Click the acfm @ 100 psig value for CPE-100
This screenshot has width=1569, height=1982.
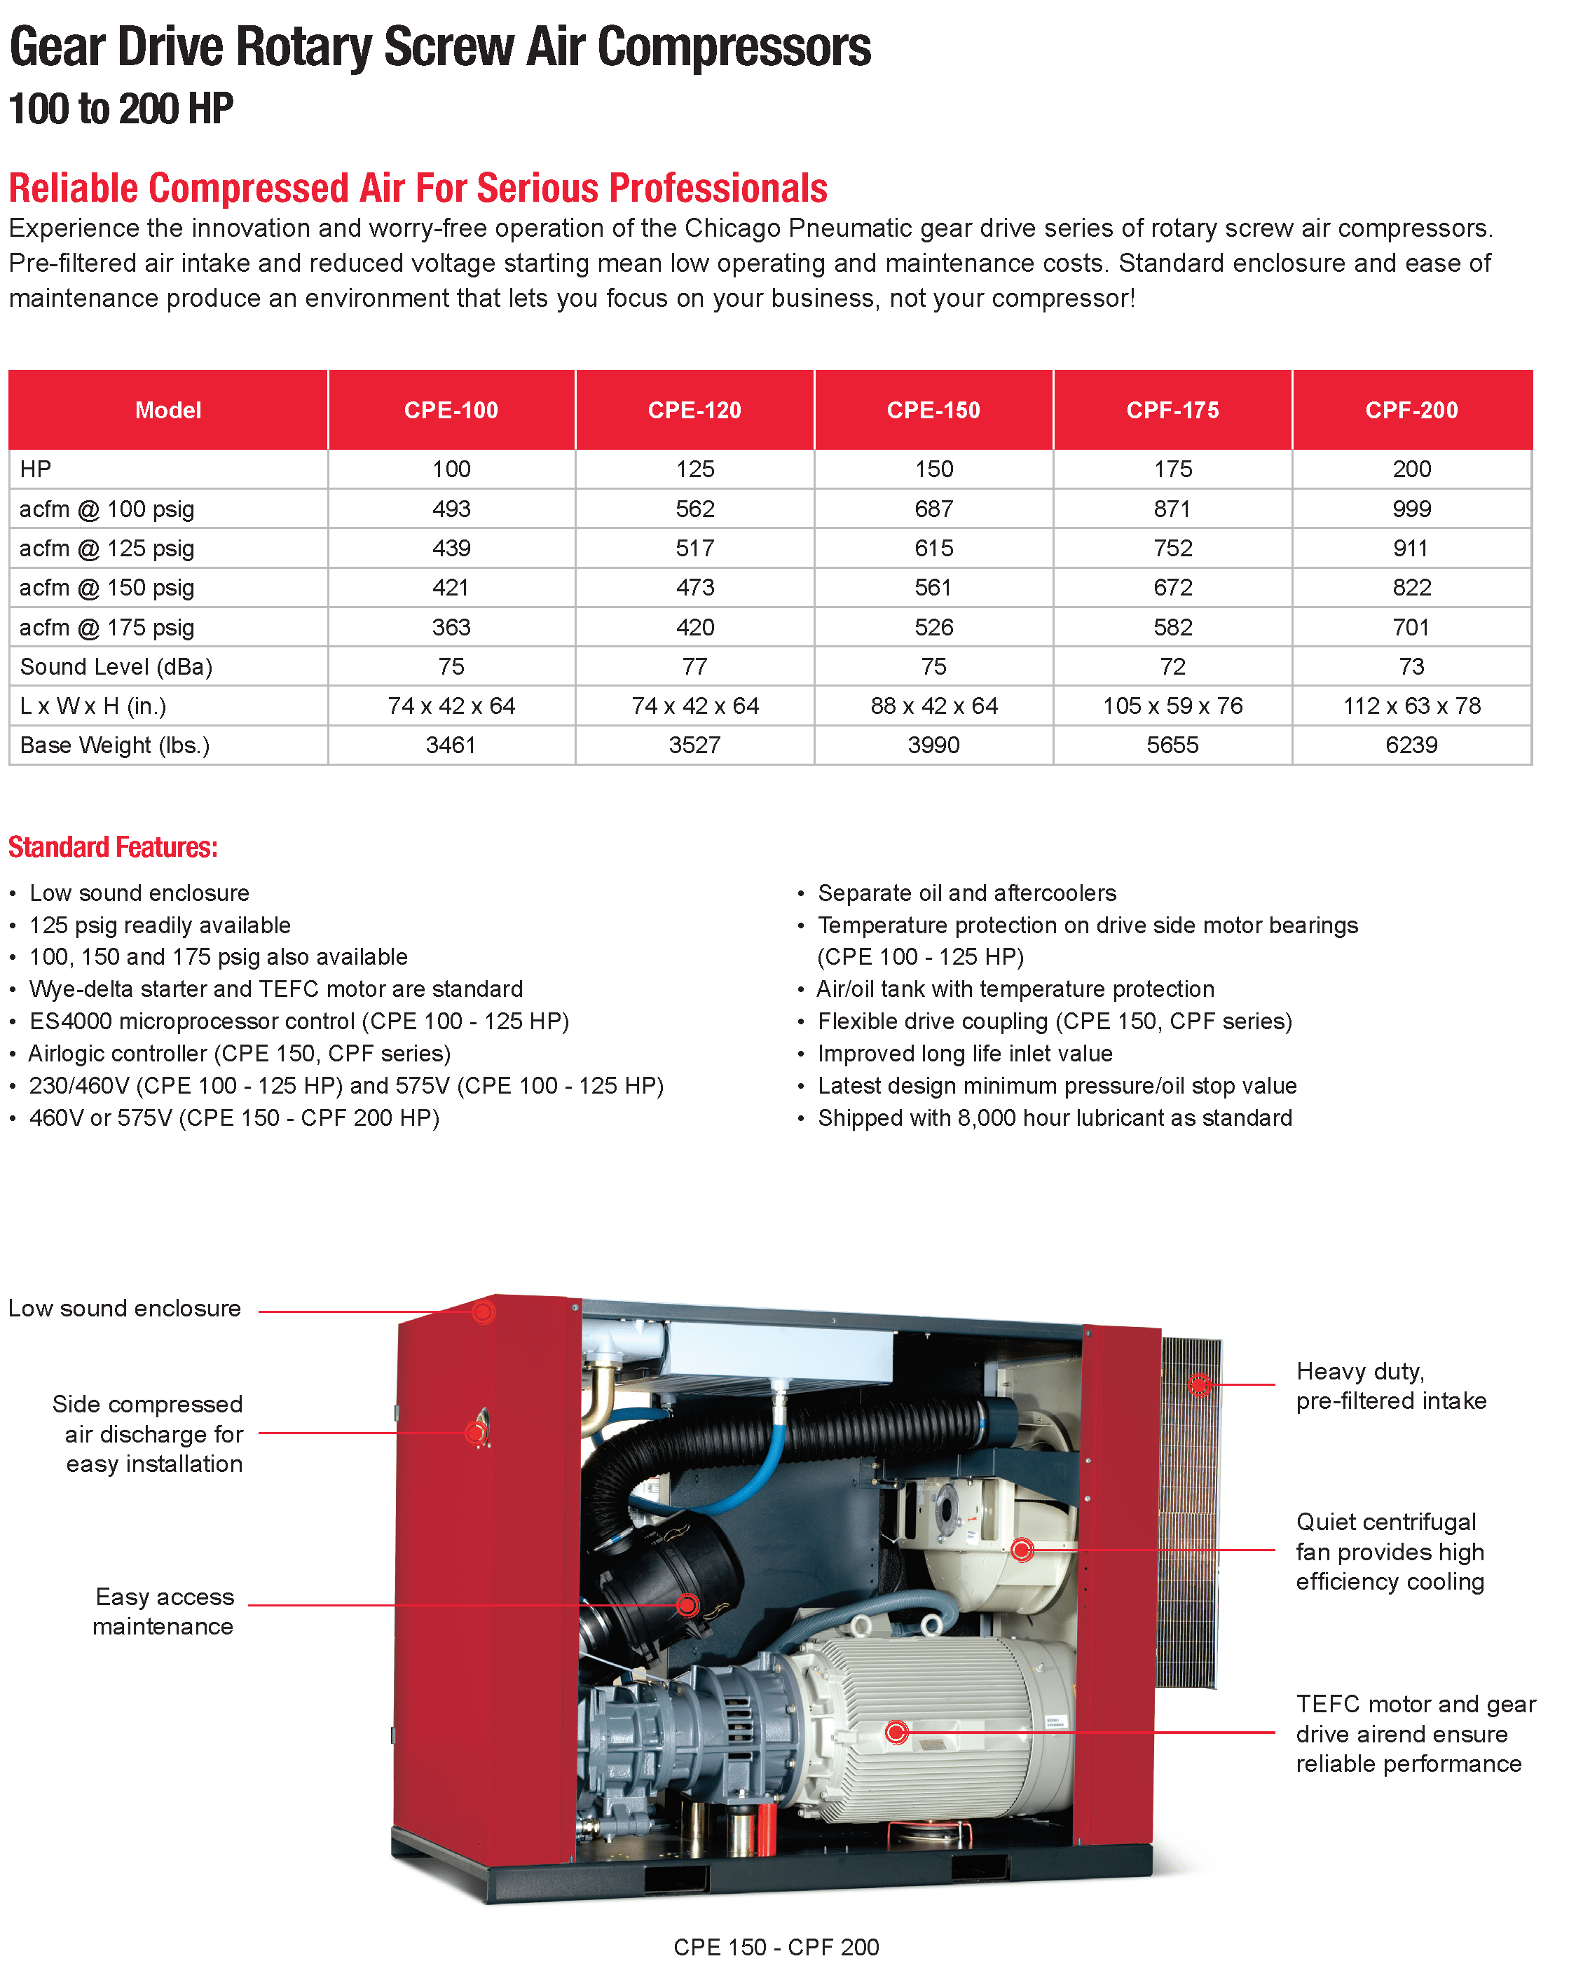coord(451,509)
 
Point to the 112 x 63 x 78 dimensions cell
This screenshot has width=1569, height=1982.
coord(1411,706)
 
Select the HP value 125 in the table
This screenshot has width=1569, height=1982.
coord(694,469)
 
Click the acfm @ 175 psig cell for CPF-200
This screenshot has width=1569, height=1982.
coord(1411,627)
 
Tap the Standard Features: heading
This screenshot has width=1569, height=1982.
coord(113,847)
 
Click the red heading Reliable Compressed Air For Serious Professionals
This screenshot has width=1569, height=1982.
coord(418,188)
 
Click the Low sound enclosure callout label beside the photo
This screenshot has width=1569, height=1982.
coord(125,1308)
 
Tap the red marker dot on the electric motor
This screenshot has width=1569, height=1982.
coord(896,1732)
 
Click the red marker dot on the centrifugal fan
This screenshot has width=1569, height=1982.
coord(1022,1550)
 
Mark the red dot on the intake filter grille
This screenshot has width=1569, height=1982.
coord(1199,1384)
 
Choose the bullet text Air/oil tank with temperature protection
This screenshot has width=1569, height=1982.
coord(1015,989)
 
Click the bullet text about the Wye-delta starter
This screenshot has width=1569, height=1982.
coord(275,989)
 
